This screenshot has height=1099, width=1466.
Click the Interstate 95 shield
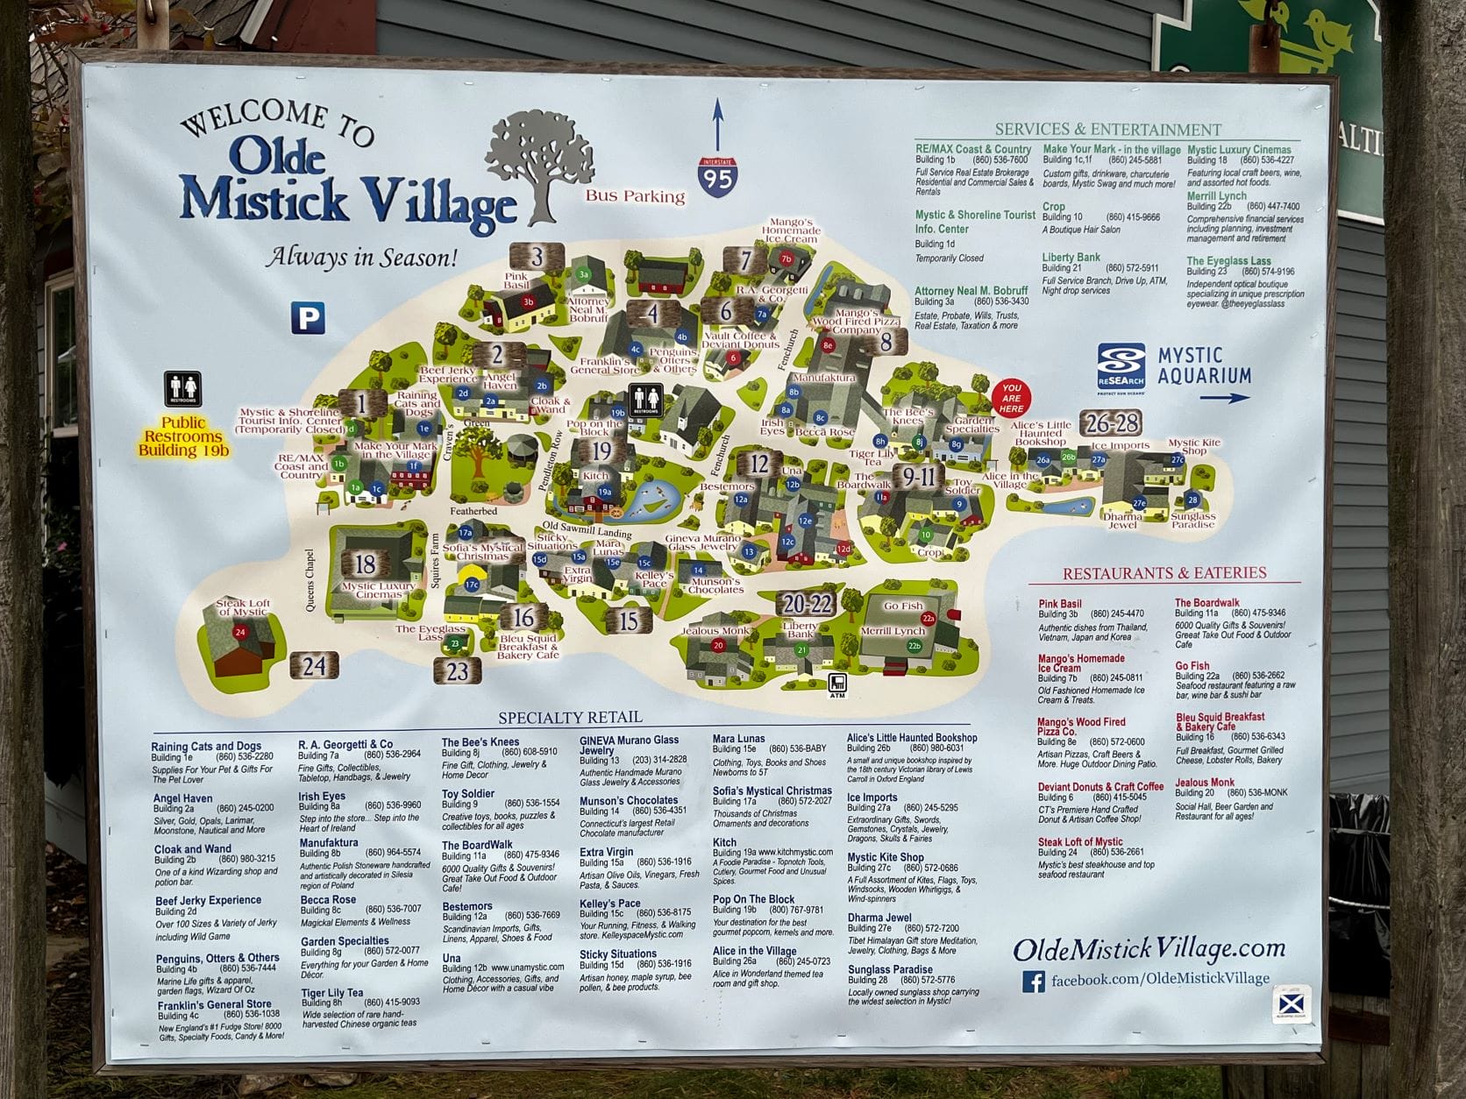717,176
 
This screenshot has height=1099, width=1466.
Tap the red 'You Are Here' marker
1011,397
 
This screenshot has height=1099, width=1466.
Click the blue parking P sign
308,317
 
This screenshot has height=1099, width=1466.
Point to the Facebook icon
1034,981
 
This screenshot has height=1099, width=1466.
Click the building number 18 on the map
366,564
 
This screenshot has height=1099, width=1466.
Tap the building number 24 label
314,666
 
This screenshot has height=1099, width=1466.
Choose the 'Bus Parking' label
635,196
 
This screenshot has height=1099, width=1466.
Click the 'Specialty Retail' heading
570,717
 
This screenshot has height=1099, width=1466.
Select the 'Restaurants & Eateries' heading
1164,573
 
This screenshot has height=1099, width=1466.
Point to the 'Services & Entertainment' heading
1107,130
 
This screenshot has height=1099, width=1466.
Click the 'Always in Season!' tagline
362,257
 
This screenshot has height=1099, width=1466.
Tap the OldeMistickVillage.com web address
1149,949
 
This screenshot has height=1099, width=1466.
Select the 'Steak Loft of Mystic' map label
242,607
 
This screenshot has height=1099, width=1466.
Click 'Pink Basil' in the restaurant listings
1059,604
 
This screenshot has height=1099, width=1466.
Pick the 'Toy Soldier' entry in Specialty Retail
468,793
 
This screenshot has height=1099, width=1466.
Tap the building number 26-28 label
1111,423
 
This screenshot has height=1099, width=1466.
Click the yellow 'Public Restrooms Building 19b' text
183,436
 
